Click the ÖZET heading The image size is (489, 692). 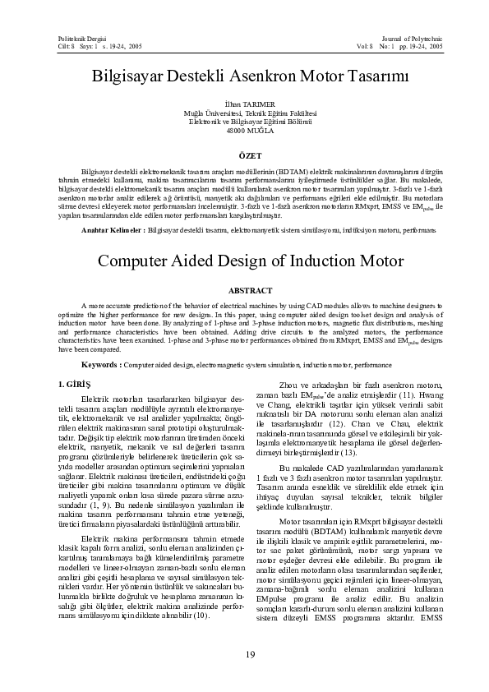coord(249,154)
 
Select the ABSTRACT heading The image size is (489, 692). coord(249,290)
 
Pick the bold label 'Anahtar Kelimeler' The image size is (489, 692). coord(112,233)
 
